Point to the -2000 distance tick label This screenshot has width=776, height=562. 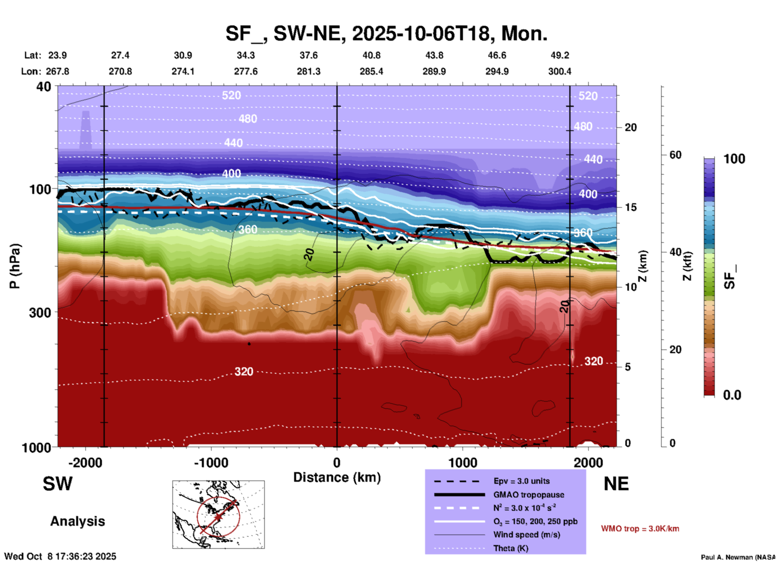coord(85,463)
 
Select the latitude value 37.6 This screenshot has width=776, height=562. coord(308,55)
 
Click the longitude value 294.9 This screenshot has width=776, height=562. coord(497,71)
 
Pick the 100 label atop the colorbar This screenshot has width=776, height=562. coord(734,159)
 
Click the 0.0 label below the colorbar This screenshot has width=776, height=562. coord(732,395)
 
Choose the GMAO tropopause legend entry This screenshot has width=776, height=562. coord(529,495)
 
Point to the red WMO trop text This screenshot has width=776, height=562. coord(640,529)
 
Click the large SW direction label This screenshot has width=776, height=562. coord(58,484)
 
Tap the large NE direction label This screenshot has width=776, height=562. coord(616,484)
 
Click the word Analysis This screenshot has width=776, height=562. coord(77,521)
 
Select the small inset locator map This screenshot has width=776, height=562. coord(218,514)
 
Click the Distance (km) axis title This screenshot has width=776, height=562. coord(337,477)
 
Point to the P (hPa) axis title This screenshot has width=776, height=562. coord(15,266)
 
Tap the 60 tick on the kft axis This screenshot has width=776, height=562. coord(675,155)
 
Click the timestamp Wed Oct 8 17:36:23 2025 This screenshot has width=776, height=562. coord(60,556)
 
